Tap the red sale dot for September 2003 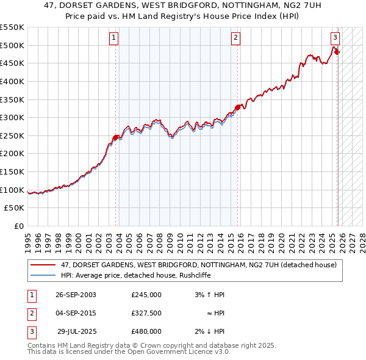(116, 137)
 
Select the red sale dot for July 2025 (337, 52)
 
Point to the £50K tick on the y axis (15, 208)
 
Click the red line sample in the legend (43, 265)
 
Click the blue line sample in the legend (43, 275)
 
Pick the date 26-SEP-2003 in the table (76, 295)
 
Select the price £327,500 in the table (146, 313)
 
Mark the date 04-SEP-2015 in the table (76, 313)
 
